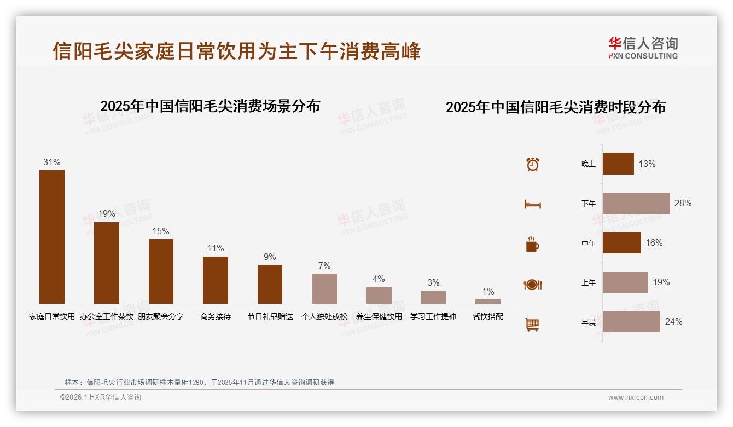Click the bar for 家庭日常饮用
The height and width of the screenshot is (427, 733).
pos(52,236)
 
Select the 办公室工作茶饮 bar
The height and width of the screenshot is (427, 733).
pos(107,263)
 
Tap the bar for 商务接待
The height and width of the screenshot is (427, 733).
pos(216,280)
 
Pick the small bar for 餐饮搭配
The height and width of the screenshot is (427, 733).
pos(488,302)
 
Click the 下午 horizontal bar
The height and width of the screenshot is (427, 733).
pos(636,203)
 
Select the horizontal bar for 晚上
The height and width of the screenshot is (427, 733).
pos(618,164)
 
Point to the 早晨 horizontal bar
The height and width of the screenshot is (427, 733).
pos(631,321)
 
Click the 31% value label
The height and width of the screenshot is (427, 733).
pos(52,163)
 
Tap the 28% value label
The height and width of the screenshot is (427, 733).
pos(683,203)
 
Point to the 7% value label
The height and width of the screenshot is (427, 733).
pos(324,266)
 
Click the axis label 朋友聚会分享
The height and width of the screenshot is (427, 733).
pos(161,316)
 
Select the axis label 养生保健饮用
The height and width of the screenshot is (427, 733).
pos(379,316)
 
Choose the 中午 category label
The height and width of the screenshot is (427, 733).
pos(589,243)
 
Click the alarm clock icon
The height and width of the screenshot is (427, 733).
pos(533,164)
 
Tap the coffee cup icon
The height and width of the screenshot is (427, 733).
pos(532,244)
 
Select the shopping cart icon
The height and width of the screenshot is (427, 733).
pos(532,324)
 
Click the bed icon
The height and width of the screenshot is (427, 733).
pos(532,204)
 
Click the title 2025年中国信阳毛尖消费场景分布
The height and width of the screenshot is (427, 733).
pos(210,106)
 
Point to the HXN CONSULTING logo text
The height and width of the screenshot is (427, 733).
pos(643,56)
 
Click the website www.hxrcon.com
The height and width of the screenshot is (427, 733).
pos(636,397)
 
